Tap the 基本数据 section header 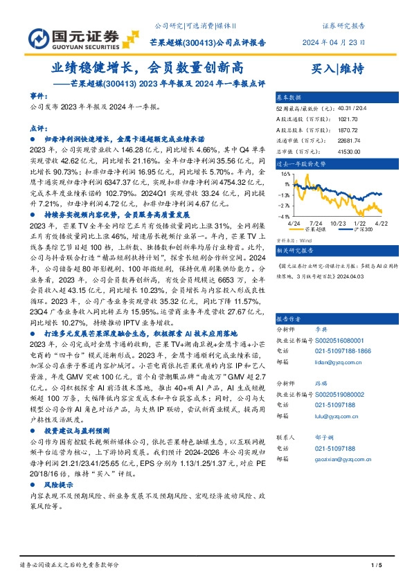pyautogui.click(x=288, y=98)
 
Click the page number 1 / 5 pyautogui.click(x=377, y=566)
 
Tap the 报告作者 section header pyautogui.click(x=288, y=319)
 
